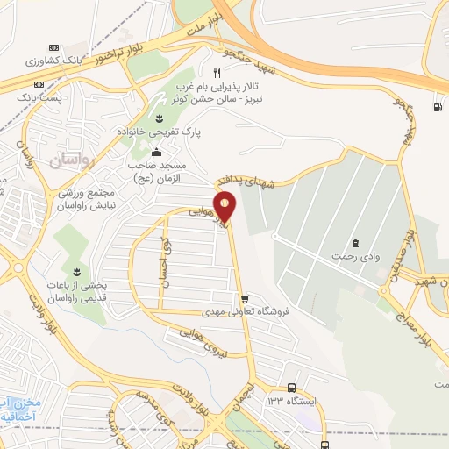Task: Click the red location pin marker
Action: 226,208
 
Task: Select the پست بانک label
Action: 41,97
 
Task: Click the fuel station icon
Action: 436,108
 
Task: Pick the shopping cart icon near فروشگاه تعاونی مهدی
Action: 255,297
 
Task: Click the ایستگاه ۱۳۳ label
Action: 292,401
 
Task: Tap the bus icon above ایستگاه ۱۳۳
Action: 292,388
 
